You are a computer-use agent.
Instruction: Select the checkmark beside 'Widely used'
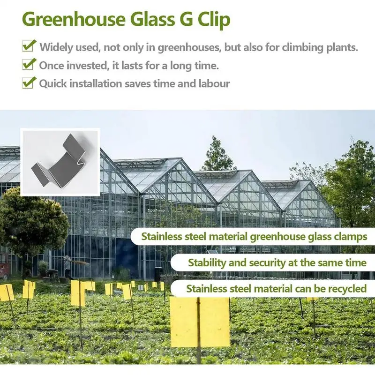point(29,46)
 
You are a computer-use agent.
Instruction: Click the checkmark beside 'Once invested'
point(29,65)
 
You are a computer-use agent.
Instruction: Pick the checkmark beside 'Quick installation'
point(29,83)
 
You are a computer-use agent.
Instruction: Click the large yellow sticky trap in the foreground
point(200,322)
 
